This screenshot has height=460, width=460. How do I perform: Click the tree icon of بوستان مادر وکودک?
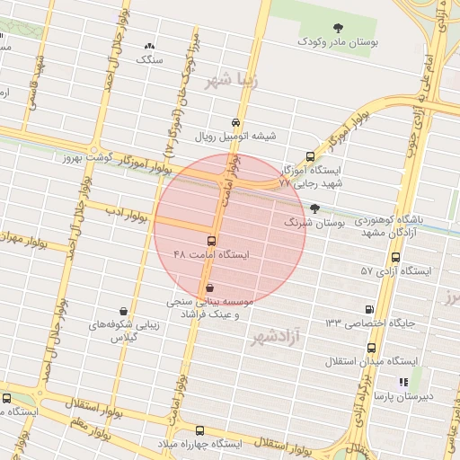point(338,29)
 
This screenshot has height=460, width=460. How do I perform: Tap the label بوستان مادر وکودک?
point(338,42)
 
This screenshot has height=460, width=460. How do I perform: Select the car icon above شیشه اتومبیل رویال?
point(235,122)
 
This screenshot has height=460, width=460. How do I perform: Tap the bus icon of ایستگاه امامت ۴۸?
point(212,241)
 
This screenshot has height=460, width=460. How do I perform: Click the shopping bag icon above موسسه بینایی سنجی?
point(210,288)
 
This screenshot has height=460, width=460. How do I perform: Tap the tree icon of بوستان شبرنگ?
point(314,208)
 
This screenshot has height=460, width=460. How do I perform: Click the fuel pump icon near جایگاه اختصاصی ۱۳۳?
point(370,309)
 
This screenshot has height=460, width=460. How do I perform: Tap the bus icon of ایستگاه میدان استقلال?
point(371,348)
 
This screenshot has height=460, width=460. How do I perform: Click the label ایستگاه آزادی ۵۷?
point(396,270)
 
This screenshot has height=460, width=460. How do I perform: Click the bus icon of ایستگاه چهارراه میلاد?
point(199,431)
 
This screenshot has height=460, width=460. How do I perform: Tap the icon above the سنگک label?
point(149,46)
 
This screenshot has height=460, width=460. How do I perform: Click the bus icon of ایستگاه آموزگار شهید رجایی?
point(311,156)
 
